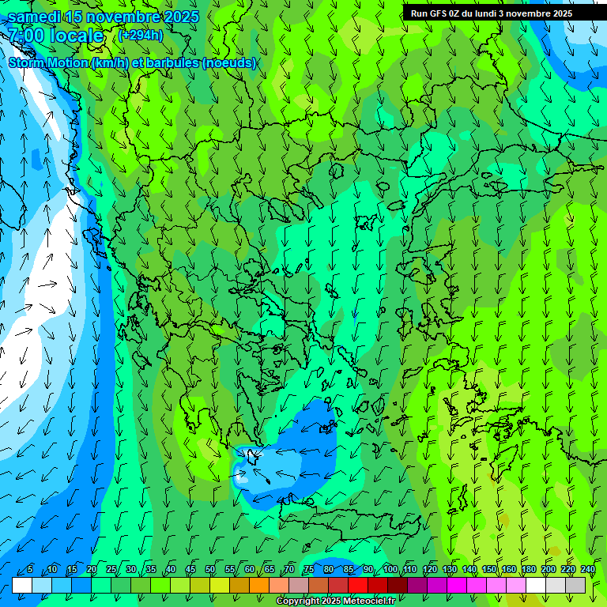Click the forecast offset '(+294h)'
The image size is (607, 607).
click(140, 35)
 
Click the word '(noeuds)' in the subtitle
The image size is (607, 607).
click(228, 63)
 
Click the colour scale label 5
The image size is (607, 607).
click(30, 569)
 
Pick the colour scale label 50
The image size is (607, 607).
click(210, 569)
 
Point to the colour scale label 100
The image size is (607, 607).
click(390, 569)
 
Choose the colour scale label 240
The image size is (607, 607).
click(587, 569)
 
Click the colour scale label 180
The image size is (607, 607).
click(528, 569)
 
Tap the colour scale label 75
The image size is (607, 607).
click(309, 569)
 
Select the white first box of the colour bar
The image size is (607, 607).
click(22, 585)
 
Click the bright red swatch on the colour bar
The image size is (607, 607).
click(358, 585)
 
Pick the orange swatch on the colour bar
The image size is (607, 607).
click(259, 585)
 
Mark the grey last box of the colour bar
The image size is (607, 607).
click(575, 585)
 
